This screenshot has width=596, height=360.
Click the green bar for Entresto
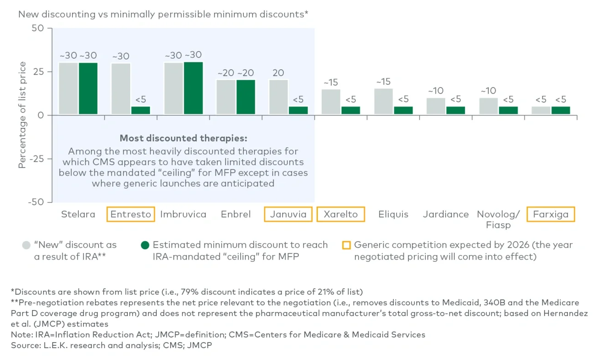(140, 111)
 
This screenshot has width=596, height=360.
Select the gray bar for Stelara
(68, 89)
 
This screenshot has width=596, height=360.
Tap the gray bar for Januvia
(279, 97)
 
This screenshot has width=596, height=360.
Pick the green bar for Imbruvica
(193, 89)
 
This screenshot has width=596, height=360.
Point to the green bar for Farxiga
(561, 111)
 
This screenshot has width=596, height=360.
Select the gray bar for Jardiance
(436, 106)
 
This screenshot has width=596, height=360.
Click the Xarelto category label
(341, 214)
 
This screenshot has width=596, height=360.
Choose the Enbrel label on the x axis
(235, 214)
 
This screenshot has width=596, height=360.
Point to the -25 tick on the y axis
(40, 159)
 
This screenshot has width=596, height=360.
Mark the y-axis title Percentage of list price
(22, 115)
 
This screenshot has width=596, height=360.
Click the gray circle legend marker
(26, 245)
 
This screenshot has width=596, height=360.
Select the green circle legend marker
(145, 245)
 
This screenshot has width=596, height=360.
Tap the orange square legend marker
(347, 245)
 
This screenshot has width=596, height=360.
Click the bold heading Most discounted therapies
(183, 138)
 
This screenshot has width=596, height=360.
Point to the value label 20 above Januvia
(279, 73)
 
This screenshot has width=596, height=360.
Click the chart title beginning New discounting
(163, 14)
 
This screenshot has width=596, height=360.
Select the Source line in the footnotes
(111, 344)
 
